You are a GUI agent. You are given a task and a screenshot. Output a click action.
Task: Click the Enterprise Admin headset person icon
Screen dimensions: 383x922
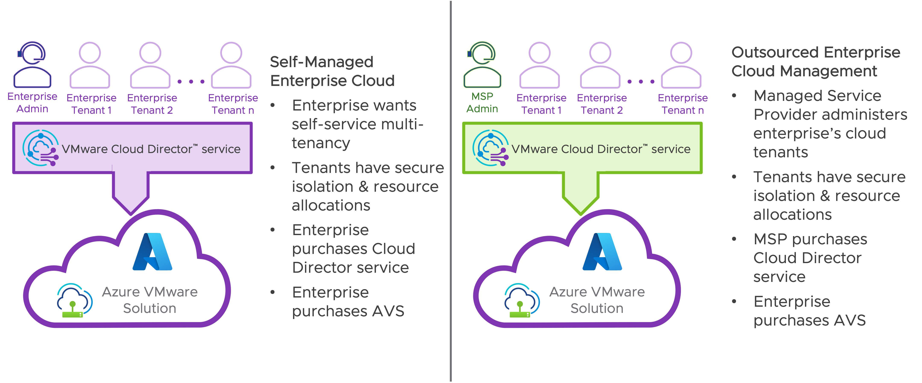click(32, 65)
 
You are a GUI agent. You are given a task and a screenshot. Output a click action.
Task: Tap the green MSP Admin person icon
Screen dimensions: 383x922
click(482, 65)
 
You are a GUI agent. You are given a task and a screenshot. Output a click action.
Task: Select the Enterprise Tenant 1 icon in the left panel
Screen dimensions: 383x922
click(90, 65)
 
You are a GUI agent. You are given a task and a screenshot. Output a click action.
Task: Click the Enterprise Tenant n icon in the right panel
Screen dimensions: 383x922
click(681, 65)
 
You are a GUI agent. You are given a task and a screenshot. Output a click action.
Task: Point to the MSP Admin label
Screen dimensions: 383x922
click(482, 102)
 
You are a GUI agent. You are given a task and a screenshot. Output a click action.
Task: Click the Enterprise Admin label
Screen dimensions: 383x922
click(32, 102)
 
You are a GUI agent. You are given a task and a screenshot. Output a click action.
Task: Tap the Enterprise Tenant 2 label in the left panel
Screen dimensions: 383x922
click(152, 104)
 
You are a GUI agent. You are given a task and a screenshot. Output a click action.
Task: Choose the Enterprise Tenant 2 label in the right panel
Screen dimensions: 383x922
click(602, 104)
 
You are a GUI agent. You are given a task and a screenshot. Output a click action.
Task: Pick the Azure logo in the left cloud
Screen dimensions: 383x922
click(152, 252)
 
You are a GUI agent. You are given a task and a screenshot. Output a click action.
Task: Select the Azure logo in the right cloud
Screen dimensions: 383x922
click(602, 252)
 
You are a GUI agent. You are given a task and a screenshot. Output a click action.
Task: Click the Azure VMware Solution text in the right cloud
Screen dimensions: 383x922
click(597, 300)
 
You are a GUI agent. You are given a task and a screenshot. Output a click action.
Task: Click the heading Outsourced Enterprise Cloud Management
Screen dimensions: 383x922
click(815, 62)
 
